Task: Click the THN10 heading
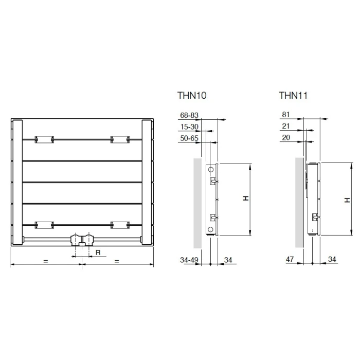click(x=192, y=96)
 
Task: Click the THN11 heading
click(x=293, y=96)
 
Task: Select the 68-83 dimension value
click(x=189, y=115)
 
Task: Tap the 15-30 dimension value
click(x=189, y=127)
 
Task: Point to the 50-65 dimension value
click(x=189, y=138)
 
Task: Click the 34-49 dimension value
click(x=189, y=260)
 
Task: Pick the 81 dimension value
click(x=285, y=114)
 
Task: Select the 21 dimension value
click(x=285, y=126)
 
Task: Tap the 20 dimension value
click(x=286, y=137)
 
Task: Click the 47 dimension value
click(x=290, y=259)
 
